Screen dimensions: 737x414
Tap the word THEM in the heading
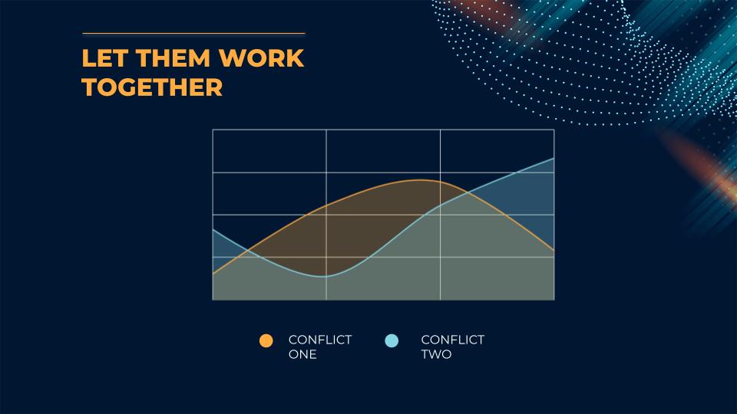(173, 58)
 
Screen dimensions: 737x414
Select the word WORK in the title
(262, 58)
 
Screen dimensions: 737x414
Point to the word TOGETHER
(152, 87)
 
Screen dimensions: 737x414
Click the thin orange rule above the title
(193, 34)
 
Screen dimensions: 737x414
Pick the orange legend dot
(266, 340)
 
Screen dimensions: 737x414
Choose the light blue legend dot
(392, 340)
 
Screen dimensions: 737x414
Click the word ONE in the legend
(302, 354)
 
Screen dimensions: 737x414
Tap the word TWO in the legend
(436, 354)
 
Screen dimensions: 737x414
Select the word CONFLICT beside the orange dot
(320, 340)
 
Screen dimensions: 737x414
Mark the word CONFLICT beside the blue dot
(453, 340)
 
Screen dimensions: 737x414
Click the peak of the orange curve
(420, 179)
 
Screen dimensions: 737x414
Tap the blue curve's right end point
(554, 158)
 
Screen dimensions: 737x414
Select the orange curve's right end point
(554, 250)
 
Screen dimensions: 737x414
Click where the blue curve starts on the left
(213, 229)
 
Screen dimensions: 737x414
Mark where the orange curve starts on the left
(213, 273)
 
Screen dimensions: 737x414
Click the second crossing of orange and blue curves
(467, 192)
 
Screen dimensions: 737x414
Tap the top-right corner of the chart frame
(554, 130)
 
